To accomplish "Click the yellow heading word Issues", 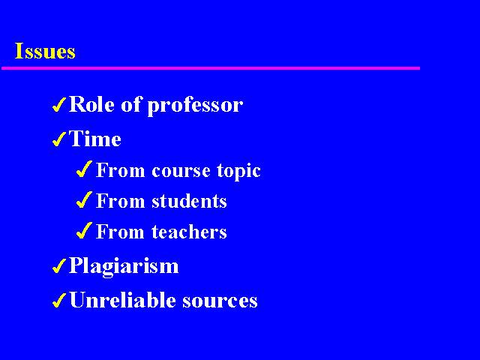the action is (45, 51).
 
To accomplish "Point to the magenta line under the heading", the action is (211, 68).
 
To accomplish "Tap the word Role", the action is (91, 104).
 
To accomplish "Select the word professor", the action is (195, 106).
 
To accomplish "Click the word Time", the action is (95, 139).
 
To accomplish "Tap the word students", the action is (189, 201).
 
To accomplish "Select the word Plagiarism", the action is (124, 266).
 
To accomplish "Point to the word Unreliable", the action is (122, 300).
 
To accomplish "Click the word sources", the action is (220, 301).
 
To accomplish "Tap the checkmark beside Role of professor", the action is (59, 105).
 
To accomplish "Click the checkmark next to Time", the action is (59, 139).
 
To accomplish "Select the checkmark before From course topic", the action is (84, 169).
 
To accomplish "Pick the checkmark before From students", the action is (84, 199).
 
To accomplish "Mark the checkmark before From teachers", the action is (84, 230).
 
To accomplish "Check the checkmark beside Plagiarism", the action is (59, 265).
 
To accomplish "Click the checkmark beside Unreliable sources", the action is (59, 300).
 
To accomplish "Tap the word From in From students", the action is (120, 201).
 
